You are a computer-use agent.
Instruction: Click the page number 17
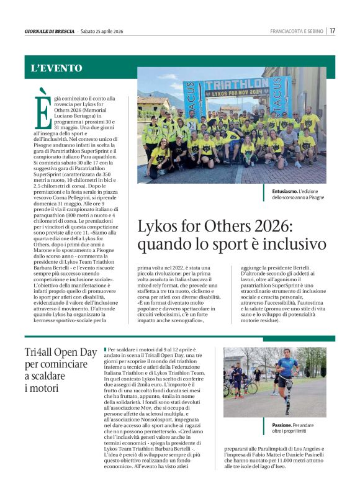click(x=333, y=31)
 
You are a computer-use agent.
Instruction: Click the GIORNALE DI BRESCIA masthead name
click(x=50, y=32)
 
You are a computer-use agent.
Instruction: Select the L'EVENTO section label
click(x=56, y=68)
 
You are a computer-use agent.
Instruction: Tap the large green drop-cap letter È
click(x=42, y=109)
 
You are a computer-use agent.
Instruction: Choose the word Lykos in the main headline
click(x=159, y=226)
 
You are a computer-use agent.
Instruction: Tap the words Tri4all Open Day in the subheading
click(x=61, y=353)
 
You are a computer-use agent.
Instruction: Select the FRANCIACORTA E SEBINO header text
click(x=297, y=32)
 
